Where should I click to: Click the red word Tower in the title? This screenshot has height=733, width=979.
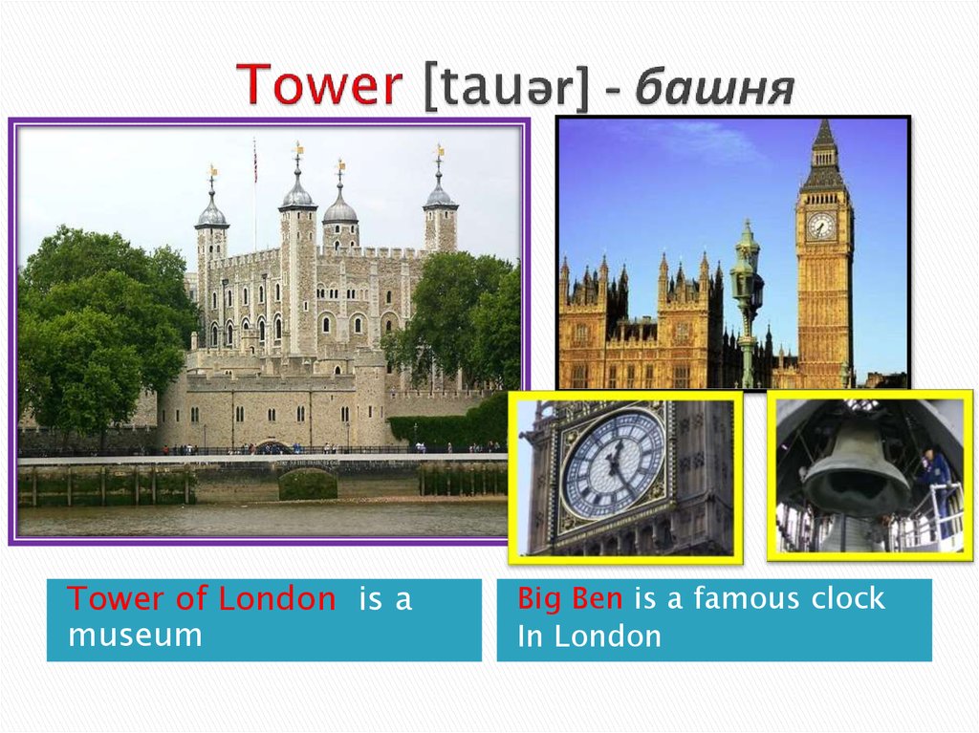point(319,84)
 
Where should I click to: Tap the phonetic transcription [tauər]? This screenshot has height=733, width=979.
point(506,86)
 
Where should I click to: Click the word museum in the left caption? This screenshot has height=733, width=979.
point(136,635)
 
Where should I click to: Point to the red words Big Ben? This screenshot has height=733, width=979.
point(570,598)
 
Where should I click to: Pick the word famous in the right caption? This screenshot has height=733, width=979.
point(747,597)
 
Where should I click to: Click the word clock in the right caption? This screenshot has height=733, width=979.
point(848,597)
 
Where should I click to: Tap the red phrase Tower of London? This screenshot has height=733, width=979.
point(202,598)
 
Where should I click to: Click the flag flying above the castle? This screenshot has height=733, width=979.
point(254,162)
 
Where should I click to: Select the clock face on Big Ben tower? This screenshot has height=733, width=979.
point(820,226)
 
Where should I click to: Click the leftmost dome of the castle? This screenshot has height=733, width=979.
point(211,209)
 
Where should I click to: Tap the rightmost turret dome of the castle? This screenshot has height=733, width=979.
point(440,194)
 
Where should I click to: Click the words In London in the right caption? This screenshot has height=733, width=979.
point(589,636)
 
